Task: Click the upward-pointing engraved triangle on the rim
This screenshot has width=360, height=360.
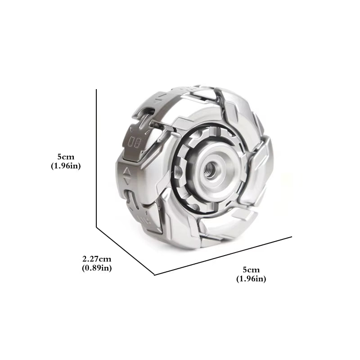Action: tap(128, 171)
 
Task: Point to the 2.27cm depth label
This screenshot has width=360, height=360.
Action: tap(97, 259)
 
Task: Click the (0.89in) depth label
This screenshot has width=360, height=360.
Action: tap(97, 268)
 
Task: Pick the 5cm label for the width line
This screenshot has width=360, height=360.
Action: tap(251, 270)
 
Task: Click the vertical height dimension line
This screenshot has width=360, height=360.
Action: tap(97, 157)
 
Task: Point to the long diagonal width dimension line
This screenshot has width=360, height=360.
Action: tap(223, 255)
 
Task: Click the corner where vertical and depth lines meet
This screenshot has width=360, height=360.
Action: tap(97, 227)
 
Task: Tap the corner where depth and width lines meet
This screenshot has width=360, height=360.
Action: tap(154, 274)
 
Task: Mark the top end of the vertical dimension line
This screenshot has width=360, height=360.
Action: tap(97, 90)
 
